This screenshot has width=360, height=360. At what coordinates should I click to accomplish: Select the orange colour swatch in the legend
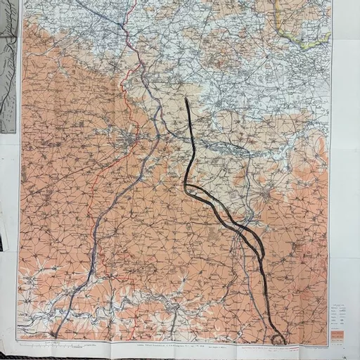(x=337, y=333)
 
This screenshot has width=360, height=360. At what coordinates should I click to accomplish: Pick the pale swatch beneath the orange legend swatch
(x=337, y=340)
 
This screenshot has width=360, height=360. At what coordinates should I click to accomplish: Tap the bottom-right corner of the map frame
(x=328, y=345)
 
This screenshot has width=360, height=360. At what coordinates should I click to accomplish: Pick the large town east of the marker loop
(x=266, y=194)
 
